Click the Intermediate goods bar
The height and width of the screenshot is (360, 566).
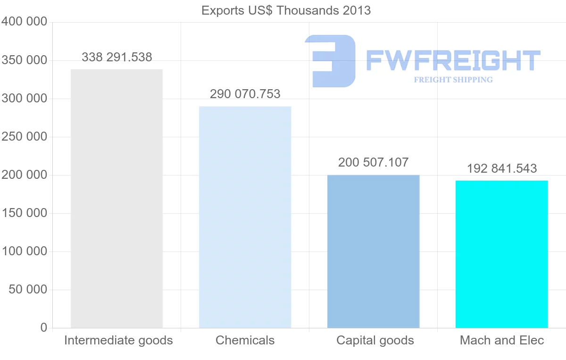(117, 198)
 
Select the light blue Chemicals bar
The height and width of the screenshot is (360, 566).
(245, 217)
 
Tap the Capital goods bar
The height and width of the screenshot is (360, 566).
(373, 251)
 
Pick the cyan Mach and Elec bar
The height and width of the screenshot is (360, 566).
(501, 254)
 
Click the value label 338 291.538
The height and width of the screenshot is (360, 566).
(117, 58)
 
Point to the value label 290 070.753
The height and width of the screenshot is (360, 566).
(245, 94)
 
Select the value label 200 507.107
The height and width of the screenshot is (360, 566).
(373, 163)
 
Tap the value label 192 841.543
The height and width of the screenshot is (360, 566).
(501, 168)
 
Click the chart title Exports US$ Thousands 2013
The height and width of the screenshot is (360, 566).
(286, 10)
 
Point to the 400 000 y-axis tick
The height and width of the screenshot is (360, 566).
(25, 22)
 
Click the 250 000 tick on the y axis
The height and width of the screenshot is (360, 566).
(25, 137)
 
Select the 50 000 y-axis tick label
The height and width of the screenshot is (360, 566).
(28, 289)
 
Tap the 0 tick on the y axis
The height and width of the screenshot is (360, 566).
(44, 327)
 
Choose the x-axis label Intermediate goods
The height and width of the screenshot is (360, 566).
(118, 340)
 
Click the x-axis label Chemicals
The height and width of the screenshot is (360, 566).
(245, 340)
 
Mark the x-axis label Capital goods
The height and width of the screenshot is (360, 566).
(375, 340)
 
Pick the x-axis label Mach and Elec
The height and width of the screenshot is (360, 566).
(502, 340)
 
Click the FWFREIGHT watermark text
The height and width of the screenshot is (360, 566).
(453, 60)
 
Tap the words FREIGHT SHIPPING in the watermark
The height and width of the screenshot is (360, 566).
(453, 80)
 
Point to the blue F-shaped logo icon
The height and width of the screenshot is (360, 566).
(330, 60)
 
